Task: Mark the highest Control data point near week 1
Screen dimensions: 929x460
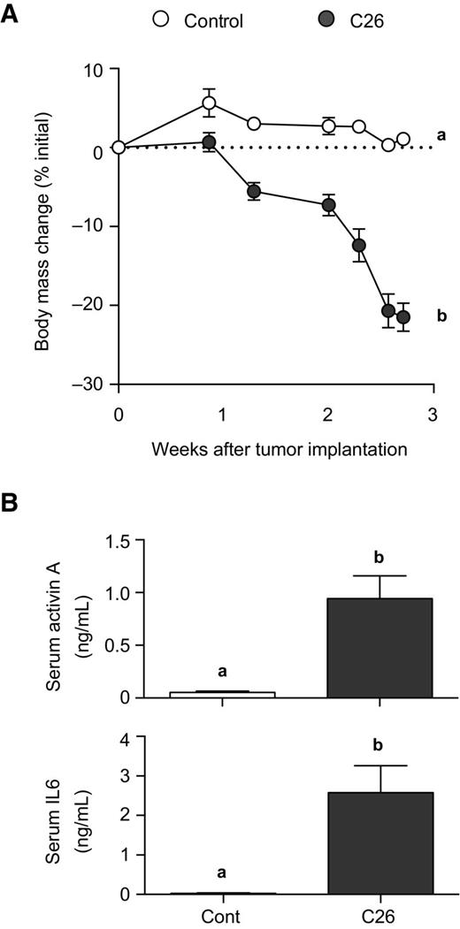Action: pyautogui.click(x=210, y=103)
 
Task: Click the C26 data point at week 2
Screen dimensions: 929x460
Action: pyautogui.click(x=328, y=205)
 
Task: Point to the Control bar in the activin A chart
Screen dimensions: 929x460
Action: pyautogui.click(x=222, y=694)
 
